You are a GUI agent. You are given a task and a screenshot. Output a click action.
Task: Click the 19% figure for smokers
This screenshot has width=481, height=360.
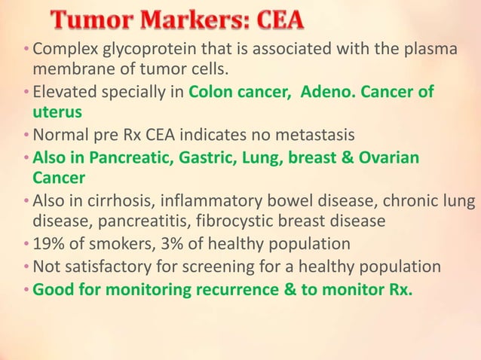[x=47, y=244]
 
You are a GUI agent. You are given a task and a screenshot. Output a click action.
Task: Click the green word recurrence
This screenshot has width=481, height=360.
[x=233, y=288]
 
